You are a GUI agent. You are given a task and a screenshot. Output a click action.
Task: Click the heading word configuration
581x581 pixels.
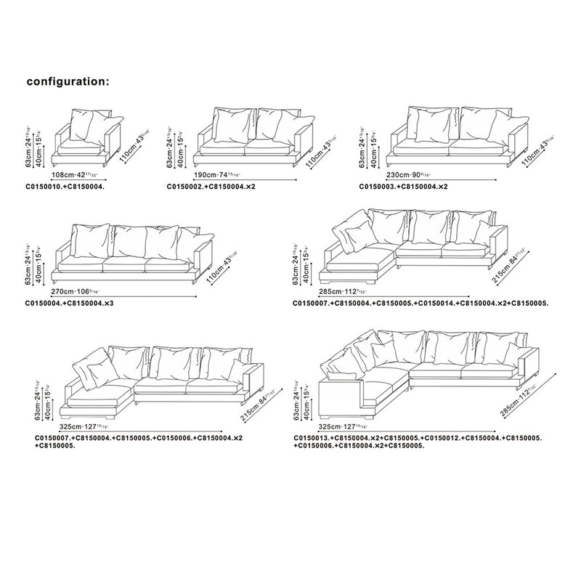tap(68, 81)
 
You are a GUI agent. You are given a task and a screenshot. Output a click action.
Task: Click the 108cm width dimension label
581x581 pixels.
tap(76, 175)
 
